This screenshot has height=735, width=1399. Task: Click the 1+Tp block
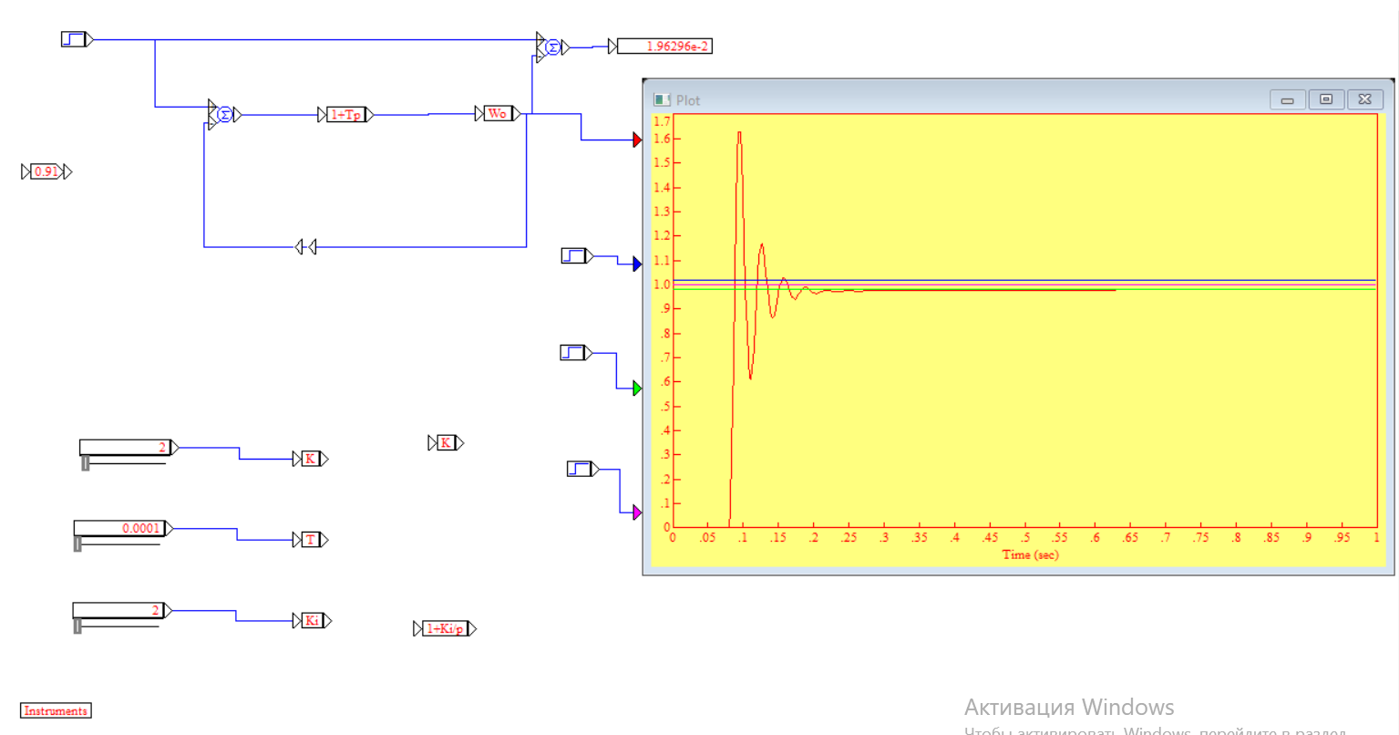(346, 115)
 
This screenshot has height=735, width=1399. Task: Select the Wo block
(498, 114)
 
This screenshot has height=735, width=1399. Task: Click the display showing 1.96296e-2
(664, 47)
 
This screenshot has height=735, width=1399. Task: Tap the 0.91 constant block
(46, 171)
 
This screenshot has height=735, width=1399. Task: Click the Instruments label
(56, 710)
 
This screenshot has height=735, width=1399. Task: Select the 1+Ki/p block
(445, 628)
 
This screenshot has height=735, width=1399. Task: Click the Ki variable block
(312, 621)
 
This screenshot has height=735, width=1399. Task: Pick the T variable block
(311, 540)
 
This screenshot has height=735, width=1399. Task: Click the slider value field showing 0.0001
(119, 528)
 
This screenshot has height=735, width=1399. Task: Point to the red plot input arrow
(637, 140)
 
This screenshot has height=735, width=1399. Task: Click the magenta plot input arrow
(637, 513)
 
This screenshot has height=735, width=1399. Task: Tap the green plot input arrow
(637, 388)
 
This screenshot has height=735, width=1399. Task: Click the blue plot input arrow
(637, 264)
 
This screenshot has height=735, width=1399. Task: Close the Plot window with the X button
(1364, 99)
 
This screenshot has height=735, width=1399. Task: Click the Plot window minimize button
(1288, 99)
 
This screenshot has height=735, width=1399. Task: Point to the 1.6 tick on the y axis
(663, 140)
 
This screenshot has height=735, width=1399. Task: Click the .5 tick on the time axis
(1025, 537)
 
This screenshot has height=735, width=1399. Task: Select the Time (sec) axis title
(1030, 554)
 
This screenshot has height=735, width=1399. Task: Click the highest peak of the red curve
(739, 133)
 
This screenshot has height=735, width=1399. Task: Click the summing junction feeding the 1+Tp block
(224, 115)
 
